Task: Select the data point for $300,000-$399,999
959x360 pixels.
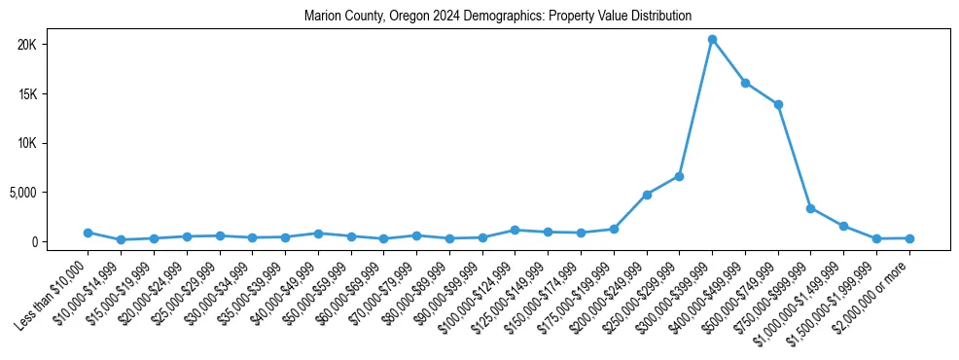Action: (712, 40)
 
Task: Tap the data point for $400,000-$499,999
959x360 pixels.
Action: (745, 83)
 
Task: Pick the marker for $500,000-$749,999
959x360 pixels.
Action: (778, 104)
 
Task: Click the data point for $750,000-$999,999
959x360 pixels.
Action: (810, 208)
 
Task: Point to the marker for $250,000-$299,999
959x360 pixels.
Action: (679, 176)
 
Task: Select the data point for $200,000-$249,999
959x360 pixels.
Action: (647, 195)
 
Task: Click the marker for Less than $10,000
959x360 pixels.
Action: (88, 233)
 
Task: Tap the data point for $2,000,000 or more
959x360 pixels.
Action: (909, 238)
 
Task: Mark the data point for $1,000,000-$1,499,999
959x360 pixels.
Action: (843, 226)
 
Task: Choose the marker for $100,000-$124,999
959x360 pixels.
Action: (515, 230)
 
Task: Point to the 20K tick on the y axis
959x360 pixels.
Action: (53, 45)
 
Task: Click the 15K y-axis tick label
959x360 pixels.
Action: (53, 94)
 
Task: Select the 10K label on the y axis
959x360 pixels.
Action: (53, 143)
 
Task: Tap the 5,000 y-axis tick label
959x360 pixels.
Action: (48, 193)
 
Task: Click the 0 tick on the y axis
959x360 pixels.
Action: (59, 241)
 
